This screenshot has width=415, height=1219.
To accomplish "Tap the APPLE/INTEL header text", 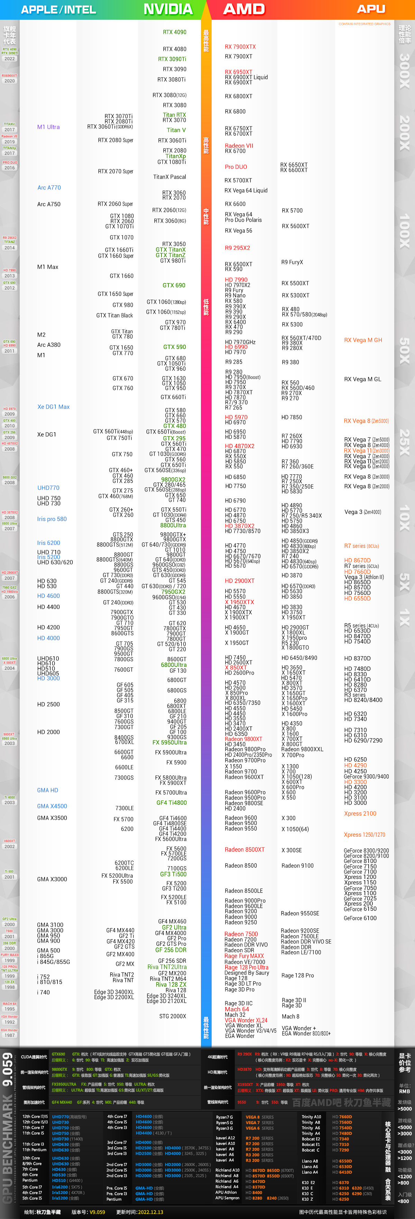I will (58, 9).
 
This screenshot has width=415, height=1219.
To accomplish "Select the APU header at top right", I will (371, 9).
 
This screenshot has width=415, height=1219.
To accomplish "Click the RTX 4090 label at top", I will (174, 32).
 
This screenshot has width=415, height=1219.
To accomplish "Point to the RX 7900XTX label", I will (240, 47).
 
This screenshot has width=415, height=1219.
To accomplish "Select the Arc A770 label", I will (49, 187).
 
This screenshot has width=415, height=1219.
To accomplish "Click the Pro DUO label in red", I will (236, 167).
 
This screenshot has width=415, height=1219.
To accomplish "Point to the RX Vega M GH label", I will (362, 340).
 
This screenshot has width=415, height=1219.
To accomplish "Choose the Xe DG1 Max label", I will (53, 407).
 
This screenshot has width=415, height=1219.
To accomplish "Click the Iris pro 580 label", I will (52, 519).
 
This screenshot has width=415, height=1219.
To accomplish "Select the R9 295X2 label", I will (237, 248).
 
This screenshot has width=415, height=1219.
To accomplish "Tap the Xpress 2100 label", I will (360, 813).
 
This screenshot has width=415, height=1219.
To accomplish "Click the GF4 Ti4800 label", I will (171, 803).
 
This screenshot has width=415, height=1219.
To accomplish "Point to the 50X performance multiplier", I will (404, 350).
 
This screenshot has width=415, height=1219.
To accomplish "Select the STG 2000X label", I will (173, 1016).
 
